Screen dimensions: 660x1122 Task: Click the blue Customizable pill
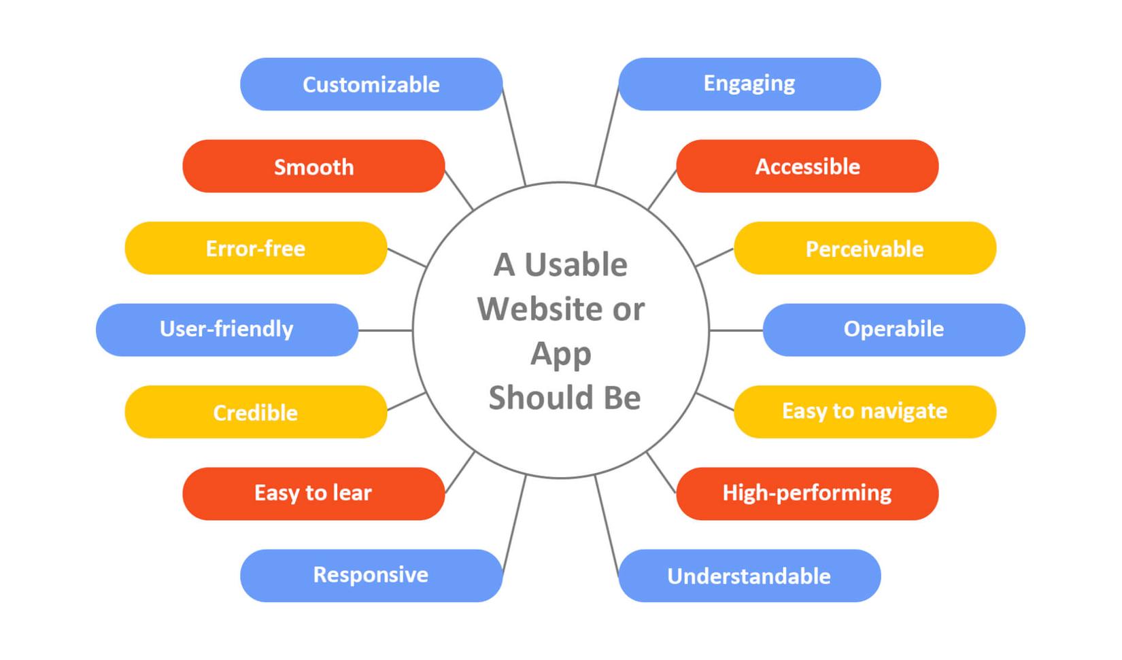(x=371, y=84)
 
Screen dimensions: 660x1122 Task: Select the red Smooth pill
(x=313, y=167)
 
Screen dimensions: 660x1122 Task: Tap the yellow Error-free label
(x=256, y=248)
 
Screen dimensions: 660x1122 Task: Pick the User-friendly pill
(x=226, y=330)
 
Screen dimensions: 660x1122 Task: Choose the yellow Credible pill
(x=256, y=412)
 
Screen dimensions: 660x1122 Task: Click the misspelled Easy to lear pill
(x=313, y=493)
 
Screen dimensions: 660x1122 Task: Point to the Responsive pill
(x=371, y=576)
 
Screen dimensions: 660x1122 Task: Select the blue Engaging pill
(x=749, y=84)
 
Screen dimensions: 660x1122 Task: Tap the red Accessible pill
(x=807, y=167)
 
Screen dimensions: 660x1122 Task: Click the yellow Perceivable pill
(x=865, y=248)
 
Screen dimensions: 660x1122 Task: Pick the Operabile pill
(x=894, y=330)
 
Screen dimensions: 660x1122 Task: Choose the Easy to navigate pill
(x=865, y=412)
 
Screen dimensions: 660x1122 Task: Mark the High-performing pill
(x=807, y=493)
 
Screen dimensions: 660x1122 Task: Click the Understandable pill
(x=749, y=576)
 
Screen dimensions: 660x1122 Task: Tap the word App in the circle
(x=561, y=354)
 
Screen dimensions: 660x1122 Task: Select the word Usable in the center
(x=575, y=265)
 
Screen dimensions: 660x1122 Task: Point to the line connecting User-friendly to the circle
(x=385, y=330)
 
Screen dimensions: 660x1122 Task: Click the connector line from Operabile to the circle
(x=736, y=330)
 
